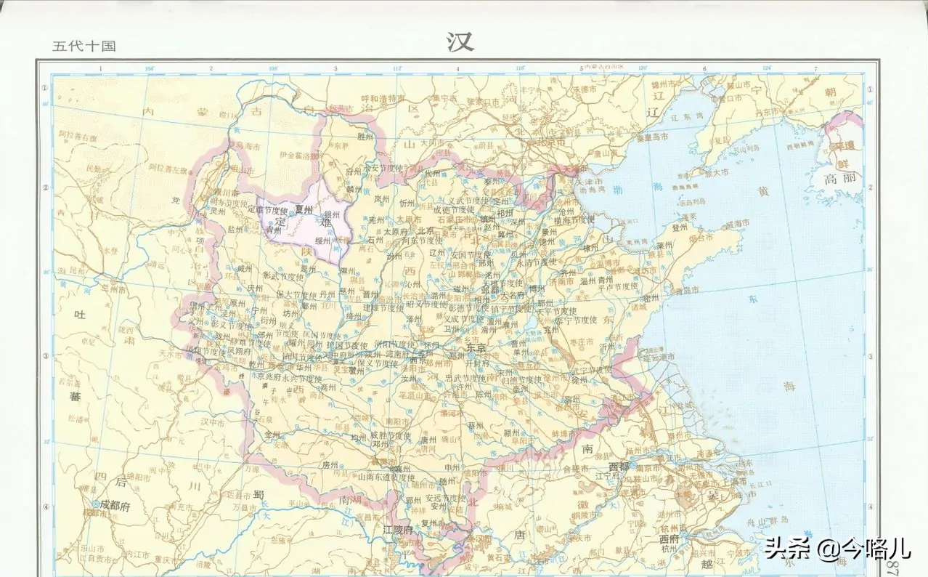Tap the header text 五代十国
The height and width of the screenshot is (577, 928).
tap(84, 47)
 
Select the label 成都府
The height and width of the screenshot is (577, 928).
tap(115, 507)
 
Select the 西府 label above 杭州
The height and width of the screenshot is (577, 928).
tap(669, 540)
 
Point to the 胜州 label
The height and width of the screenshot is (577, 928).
tap(365, 136)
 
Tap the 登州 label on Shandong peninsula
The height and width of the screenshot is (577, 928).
tap(680, 227)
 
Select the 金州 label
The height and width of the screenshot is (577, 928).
tap(272, 435)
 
